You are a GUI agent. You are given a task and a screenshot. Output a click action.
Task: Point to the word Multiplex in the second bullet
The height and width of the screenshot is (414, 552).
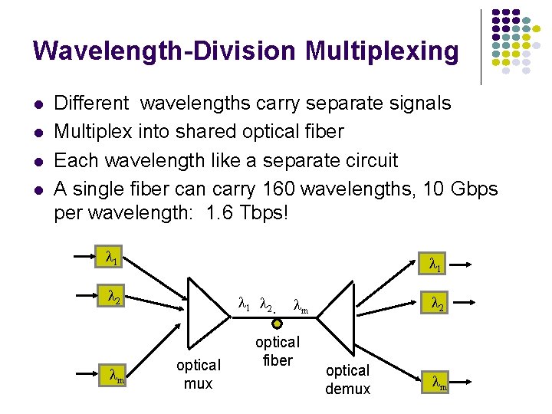pyautogui.click(x=94, y=132)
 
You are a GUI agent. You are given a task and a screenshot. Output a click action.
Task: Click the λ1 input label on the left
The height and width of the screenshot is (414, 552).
pyautogui.click(x=112, y=256)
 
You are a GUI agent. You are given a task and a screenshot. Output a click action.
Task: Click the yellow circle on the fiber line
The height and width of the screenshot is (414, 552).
pyautogui.click(x=278, y=323)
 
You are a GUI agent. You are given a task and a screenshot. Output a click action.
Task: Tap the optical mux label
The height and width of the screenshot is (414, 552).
pyautogui.click(x=198, y=374)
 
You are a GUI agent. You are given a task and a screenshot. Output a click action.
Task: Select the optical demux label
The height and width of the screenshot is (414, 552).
pyautogui.click(x=347, y=379)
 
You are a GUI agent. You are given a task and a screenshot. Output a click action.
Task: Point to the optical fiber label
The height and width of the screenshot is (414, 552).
pyautogui.click(x=278, y=351)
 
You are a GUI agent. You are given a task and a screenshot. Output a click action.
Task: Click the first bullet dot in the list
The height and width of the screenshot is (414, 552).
pyautogui.click(x=38, y=103)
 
